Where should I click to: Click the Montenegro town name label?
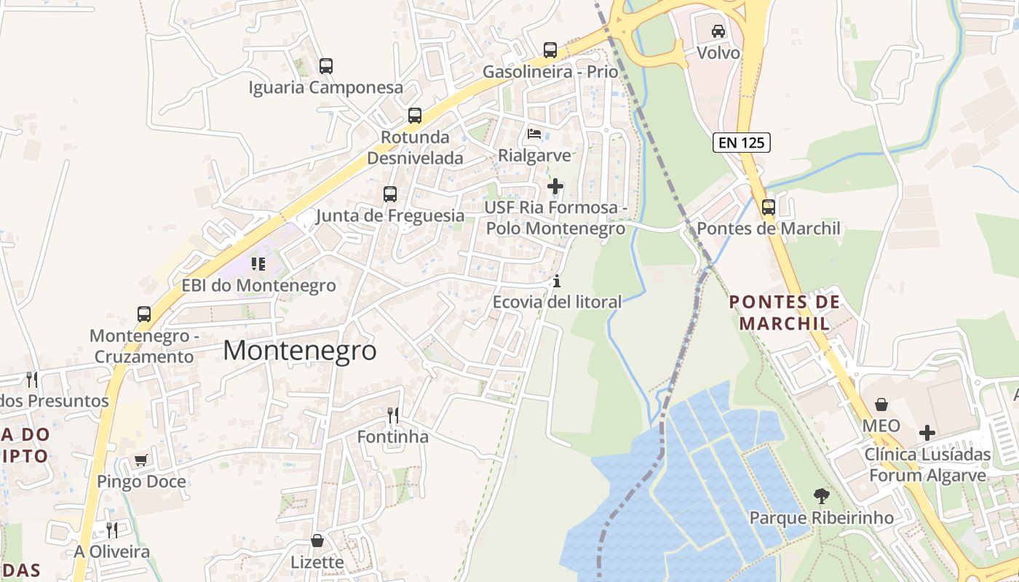tap(300, 351)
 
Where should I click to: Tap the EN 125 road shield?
tap(742, 143)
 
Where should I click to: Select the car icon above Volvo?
tap(718, 31)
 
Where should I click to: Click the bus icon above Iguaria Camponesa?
tap(326, 66)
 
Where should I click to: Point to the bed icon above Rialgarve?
tap(534, 134)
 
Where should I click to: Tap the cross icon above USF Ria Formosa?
tap(555, 186)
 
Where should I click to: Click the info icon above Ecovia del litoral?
tap(557, 280)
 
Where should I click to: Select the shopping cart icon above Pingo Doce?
tap(141, 460)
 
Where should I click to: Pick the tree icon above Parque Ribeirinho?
tap(821, 496)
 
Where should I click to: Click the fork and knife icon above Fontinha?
tap(393, 415)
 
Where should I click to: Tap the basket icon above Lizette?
tap(317, 541)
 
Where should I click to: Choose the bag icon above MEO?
tap(881, 404)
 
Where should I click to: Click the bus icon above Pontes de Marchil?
tap(769, 207)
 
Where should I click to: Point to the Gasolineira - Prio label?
tap(550, 72)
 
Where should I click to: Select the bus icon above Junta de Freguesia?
tap(390, 194)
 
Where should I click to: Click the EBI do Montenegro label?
tap(258, 285)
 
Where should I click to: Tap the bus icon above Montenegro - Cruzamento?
tap(144, 314)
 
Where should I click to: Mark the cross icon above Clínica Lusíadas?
tap(927, 433)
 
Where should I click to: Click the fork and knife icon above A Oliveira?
tap(112, 530)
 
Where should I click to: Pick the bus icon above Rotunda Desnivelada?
tap(415, 115)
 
